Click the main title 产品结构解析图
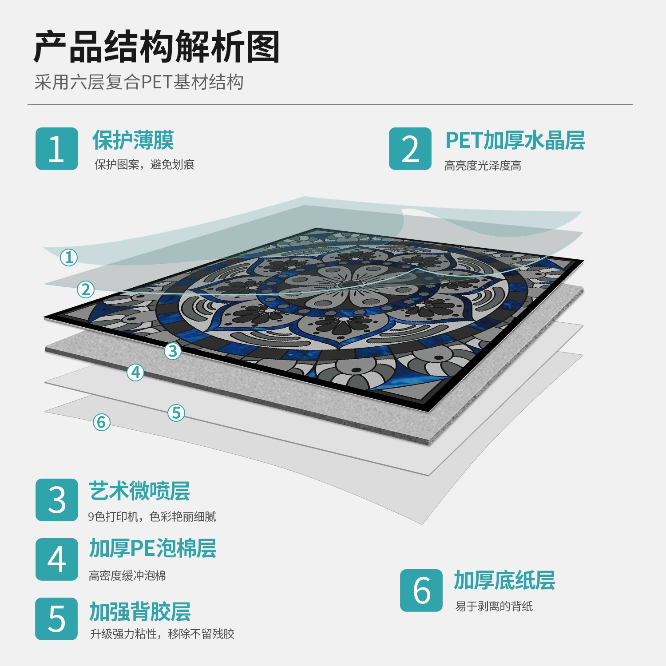157,47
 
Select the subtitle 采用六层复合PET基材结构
139,82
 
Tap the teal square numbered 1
57,149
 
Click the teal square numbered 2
410,149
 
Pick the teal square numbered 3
57,500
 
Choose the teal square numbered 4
57,559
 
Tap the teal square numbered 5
57,619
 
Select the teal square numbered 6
421,591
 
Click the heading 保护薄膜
133,140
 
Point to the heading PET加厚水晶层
515,140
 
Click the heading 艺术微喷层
139,491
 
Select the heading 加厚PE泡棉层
153,548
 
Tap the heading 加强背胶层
140,612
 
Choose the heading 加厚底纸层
504,580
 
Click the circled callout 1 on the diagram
69,258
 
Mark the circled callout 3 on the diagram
173,351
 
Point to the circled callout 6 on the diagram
101,422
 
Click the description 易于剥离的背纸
494,607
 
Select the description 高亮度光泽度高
483,166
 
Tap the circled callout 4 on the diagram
136,373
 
